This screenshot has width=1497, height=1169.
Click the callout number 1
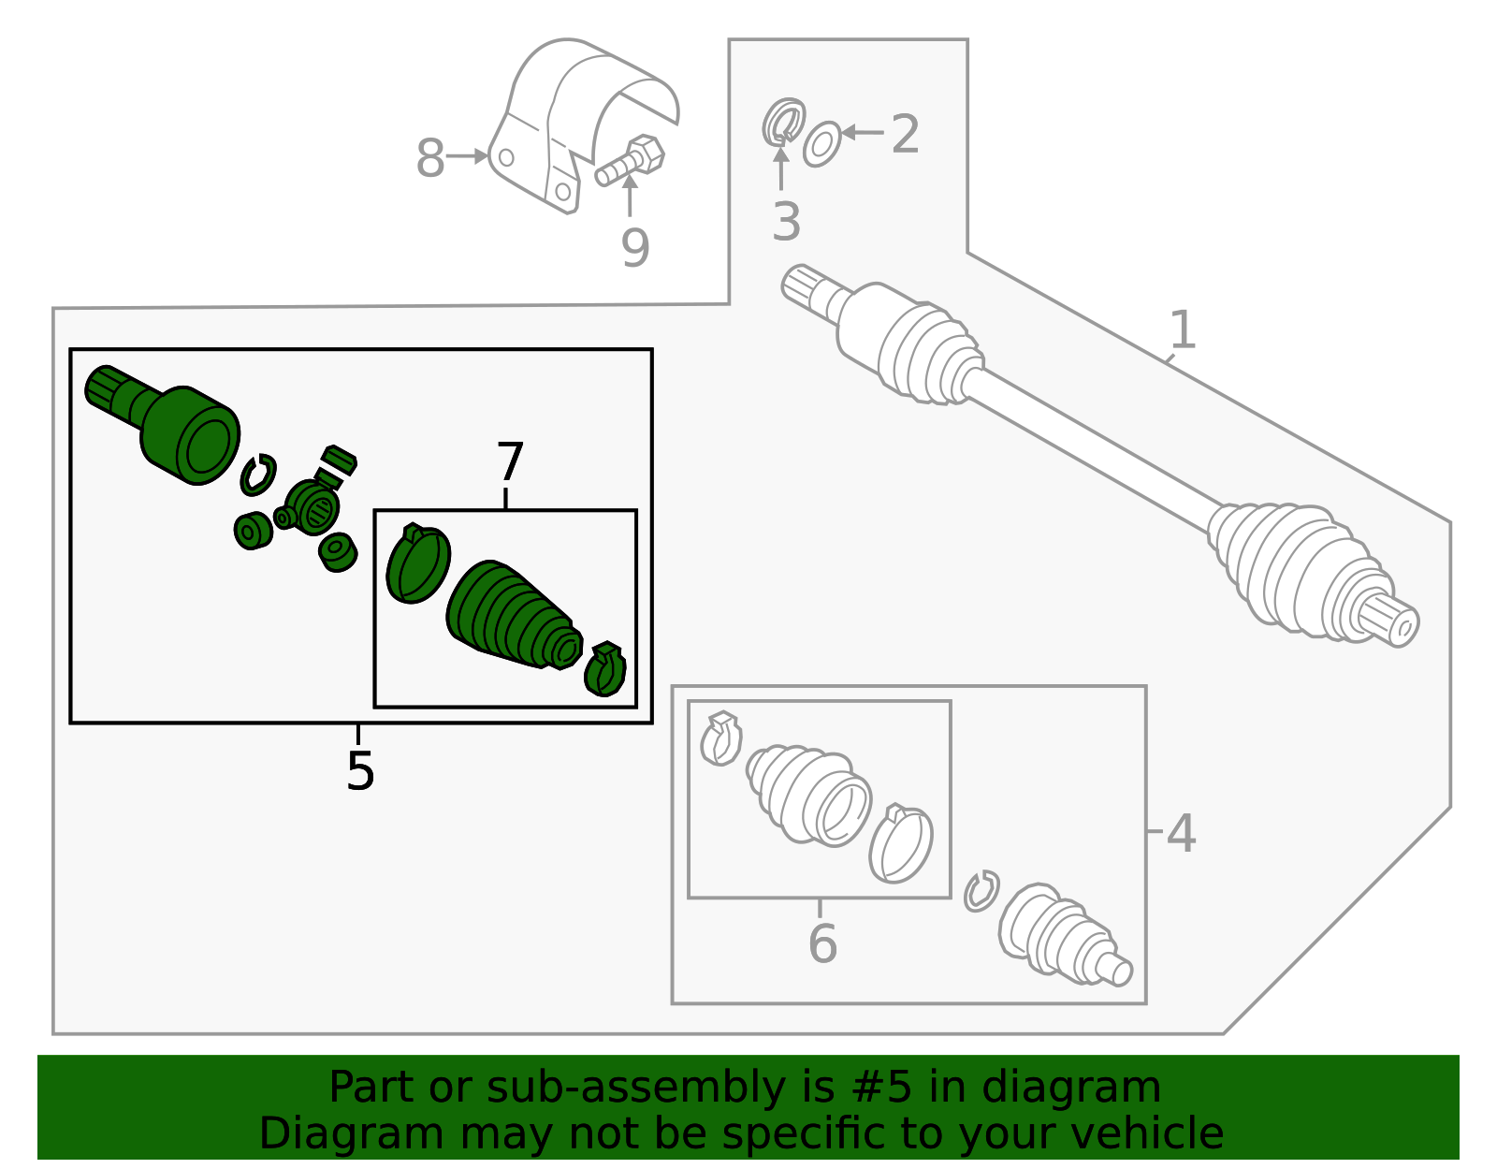pyautogui.click(x=1183, y=329)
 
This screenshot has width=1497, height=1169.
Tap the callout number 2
pyautogui.click(x=905, y=134)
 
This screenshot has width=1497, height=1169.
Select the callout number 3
pyautogui.click(x=786, y=222)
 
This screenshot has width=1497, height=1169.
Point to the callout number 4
pyautogui.click(x=1181, y=832)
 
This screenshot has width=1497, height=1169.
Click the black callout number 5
pyautogui.click(x=359, y=770)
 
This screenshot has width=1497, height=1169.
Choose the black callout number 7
pyautogui.click(x=510, y=462)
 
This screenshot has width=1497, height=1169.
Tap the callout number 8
pyautogui.click(x=429, y=158)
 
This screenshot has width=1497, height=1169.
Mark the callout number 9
pyautogui.click(x=634, y=247)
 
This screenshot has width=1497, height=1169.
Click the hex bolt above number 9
pyautogui.click(x=632, y=161)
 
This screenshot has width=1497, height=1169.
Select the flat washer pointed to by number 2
pyautogui.click(x=821, y=143)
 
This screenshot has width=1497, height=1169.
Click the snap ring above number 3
pyautogui.click(x=782, y=122)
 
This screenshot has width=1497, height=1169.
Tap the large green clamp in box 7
pyautogui.click(x=417, y=563)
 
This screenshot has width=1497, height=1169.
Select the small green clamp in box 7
pyautogui.click(x=604, y=668)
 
